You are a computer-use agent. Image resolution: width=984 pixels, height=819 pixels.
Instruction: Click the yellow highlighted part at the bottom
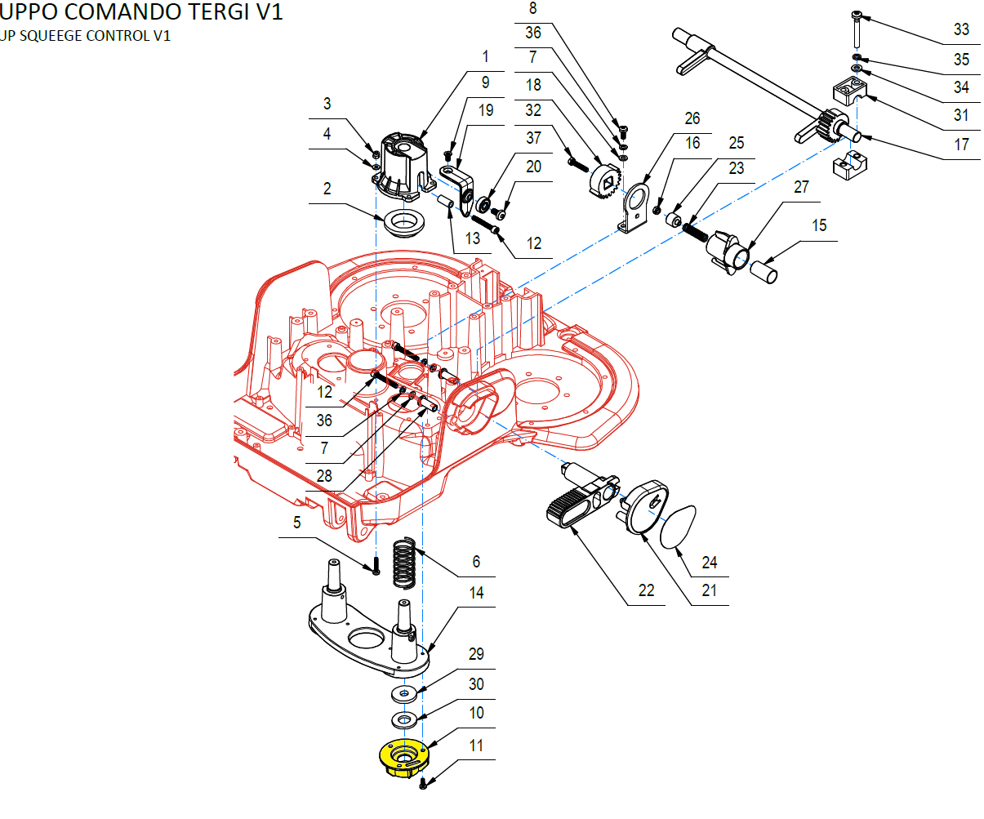tap(403, 756)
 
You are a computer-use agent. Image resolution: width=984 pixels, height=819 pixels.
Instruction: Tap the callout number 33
tap(961, 29)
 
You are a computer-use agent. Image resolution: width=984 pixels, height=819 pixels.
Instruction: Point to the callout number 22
tap(646, 590)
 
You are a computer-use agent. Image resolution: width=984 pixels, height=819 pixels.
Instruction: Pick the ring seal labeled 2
tap(403, 222)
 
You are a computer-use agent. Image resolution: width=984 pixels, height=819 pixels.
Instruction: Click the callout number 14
tap(477, 593)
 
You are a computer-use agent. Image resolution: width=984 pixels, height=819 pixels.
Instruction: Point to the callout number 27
tap(801, 187)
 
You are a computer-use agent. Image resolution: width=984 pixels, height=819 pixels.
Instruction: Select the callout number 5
tap(297, 523)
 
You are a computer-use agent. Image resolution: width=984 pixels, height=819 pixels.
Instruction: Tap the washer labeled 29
tap(403, 694)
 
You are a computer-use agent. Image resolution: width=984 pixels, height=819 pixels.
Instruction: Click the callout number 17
tap(961, 145)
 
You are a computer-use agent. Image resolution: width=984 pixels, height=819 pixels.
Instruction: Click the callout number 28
tap(324, 476)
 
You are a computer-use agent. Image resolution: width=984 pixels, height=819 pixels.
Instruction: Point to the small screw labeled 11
tap(423, 784)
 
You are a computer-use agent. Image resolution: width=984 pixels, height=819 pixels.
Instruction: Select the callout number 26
tap(692, 118)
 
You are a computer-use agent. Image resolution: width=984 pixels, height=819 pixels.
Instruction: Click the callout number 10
tap(477, 713)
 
